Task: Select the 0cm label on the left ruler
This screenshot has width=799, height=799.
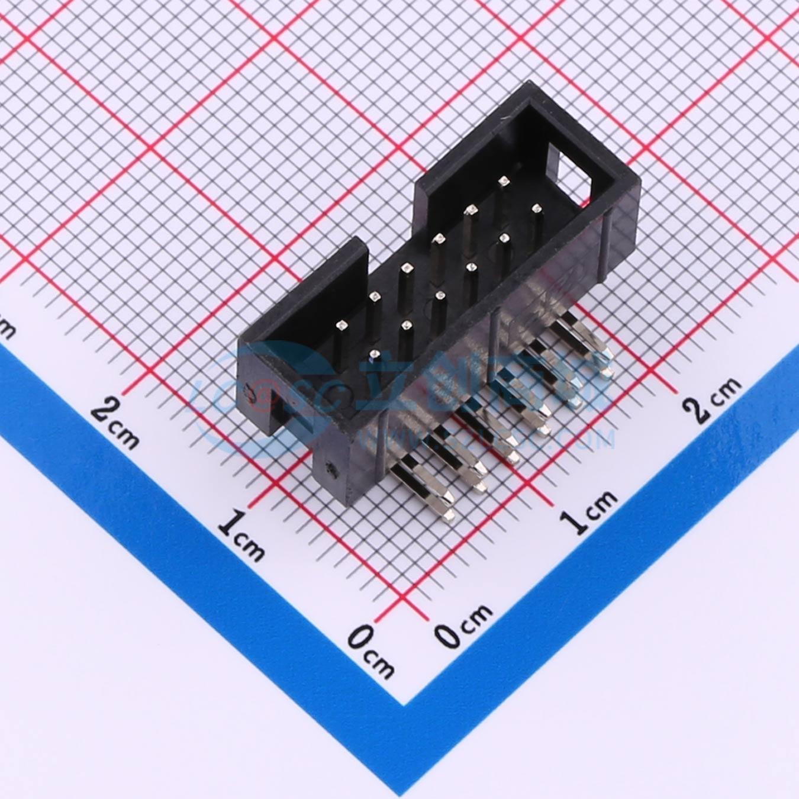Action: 370,653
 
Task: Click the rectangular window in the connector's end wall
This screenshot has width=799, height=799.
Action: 571,172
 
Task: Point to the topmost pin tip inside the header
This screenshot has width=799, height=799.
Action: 504,181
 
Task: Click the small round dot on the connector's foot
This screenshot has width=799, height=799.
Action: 330,471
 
